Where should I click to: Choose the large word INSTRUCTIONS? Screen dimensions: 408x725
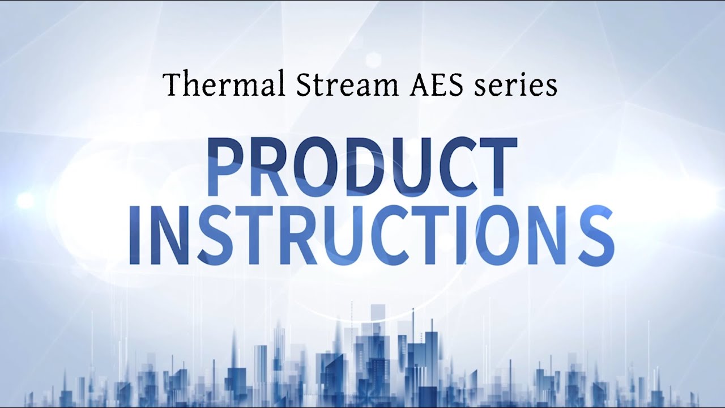tap(372, 236)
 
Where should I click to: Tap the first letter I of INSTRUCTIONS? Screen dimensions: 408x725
tap(135, 236)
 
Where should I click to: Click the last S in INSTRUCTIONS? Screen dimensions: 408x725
tap(595, 236)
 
